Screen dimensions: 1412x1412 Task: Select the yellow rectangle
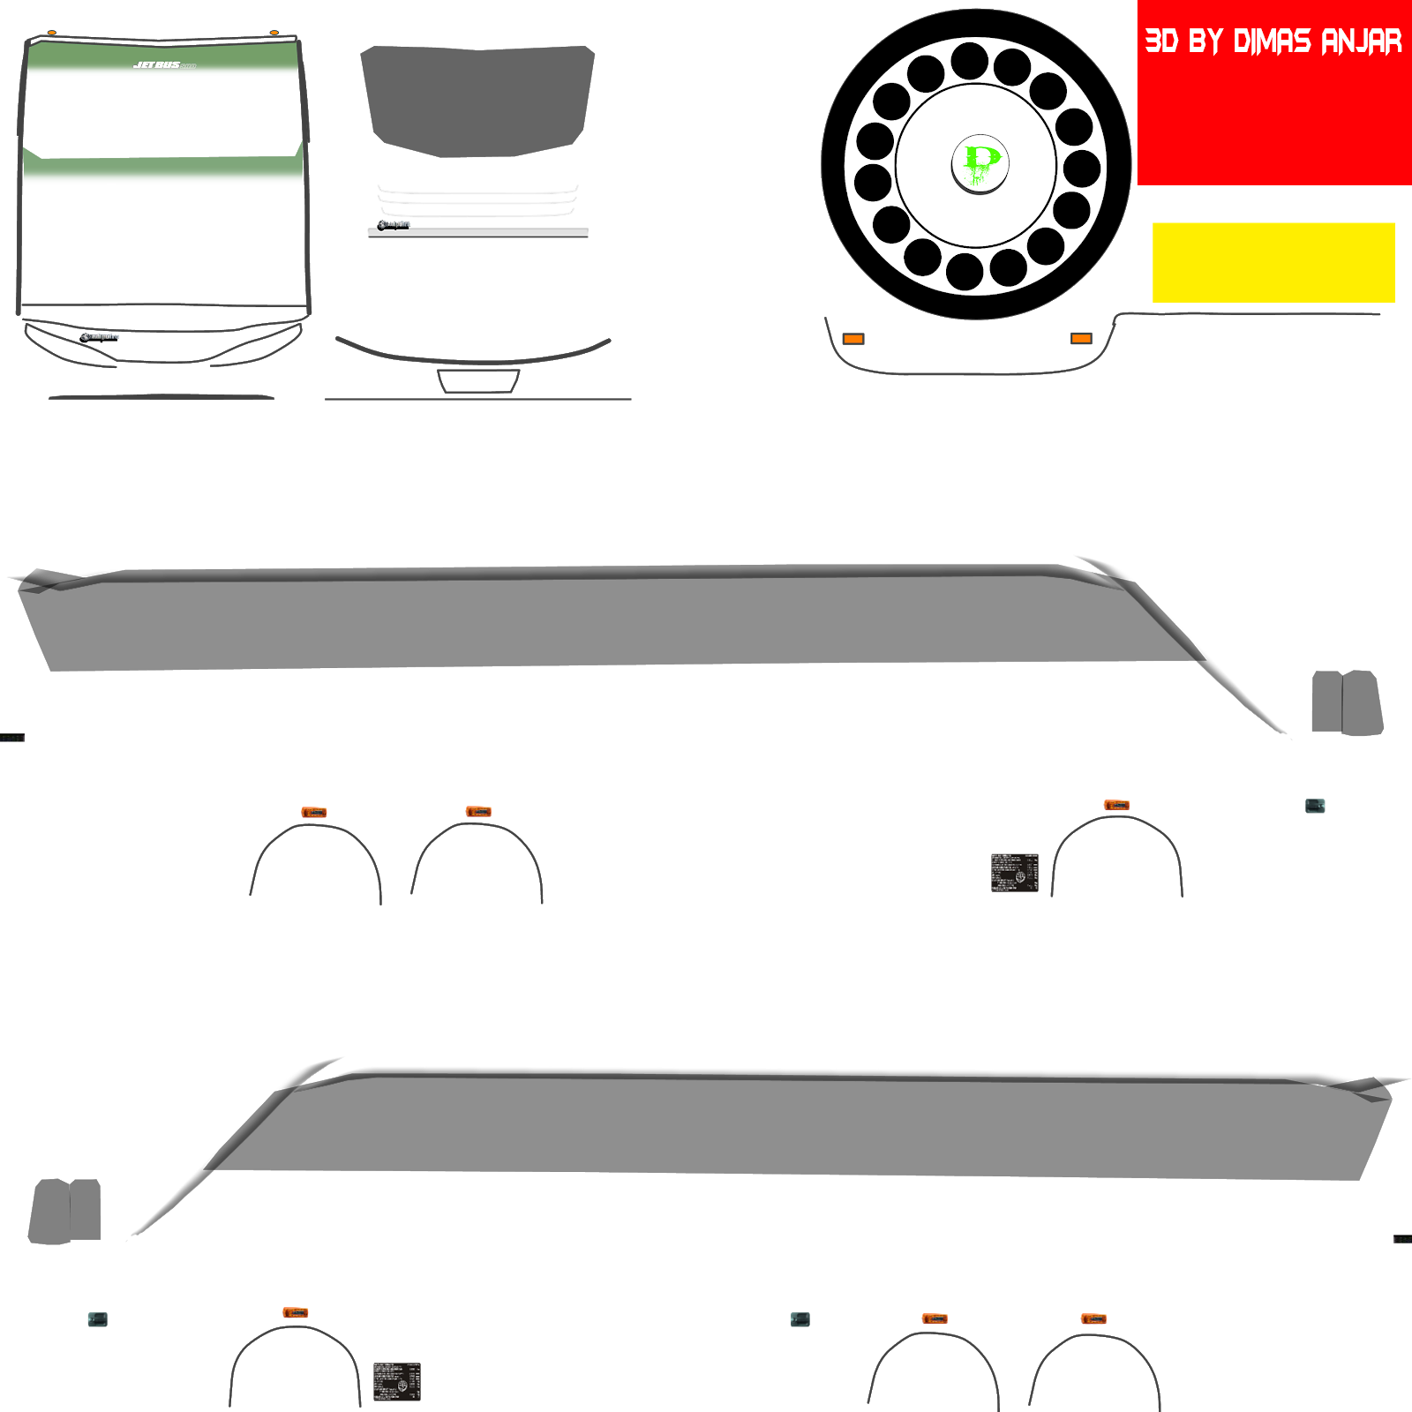(x=1273, y=262)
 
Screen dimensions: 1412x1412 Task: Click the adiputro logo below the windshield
(x=100, y=336)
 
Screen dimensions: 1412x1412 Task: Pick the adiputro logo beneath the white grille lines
(x=394, y=223)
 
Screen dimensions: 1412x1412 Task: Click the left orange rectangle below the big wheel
(x=852, y=339)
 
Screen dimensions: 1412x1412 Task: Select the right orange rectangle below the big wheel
(x=1081, y=339)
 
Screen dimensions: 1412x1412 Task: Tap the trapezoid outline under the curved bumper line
(x=478, y=381)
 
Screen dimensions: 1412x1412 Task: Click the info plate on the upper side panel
(x=1014, y=873)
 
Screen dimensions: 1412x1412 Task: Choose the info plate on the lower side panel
(x=396, y=1381)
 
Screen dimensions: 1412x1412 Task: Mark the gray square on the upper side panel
(x=1315, y=805)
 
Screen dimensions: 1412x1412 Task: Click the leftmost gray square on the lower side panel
(x=98, y=1319)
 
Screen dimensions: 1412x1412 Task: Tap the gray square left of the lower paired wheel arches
(x=800, y=1319)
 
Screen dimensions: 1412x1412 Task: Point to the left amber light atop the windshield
(x=52, y=33)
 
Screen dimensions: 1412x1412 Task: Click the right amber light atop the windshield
(x=274, y=33)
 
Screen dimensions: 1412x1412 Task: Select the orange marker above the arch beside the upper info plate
(x=1116, y=805)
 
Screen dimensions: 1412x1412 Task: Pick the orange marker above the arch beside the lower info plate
(x=295, y=1313)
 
